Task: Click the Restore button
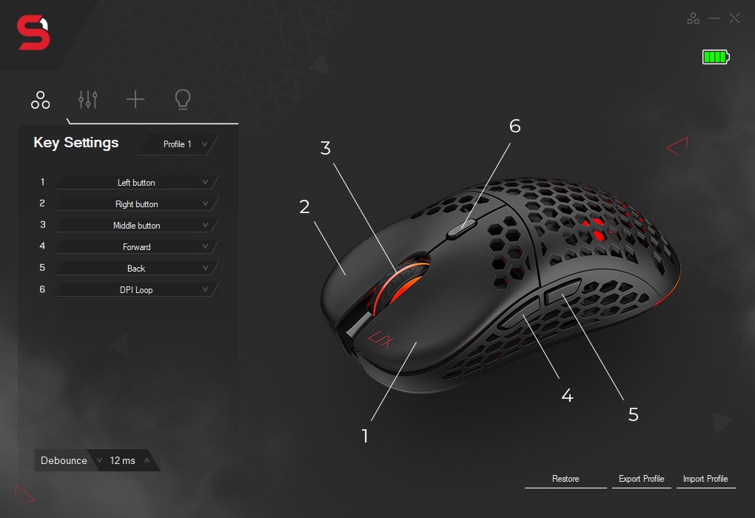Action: tap(566, 479)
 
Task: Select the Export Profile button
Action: tap(642, 479)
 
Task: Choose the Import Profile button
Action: tap(705, 479)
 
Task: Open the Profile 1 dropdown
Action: tap(178, 144)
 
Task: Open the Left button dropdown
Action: tap(137, 183)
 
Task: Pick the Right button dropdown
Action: tap(137, 204)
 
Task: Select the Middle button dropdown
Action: tap(137, 226)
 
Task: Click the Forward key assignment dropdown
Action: tap(137, 247)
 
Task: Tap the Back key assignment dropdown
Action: tap(137, 269)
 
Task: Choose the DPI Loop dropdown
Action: tap(137, 290)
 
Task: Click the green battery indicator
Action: tap(716, 57)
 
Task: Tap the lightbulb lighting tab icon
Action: tap(182, 99)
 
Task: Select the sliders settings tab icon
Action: tap(88, 99)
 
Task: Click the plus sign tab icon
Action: tap(135, 99)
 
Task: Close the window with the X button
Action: tap(734, 18)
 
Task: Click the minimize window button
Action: tap(714, 18)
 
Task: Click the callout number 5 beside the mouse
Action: tap(634, 414)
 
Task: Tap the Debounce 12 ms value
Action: tap(123, 460)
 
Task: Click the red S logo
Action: tap(33, 34)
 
